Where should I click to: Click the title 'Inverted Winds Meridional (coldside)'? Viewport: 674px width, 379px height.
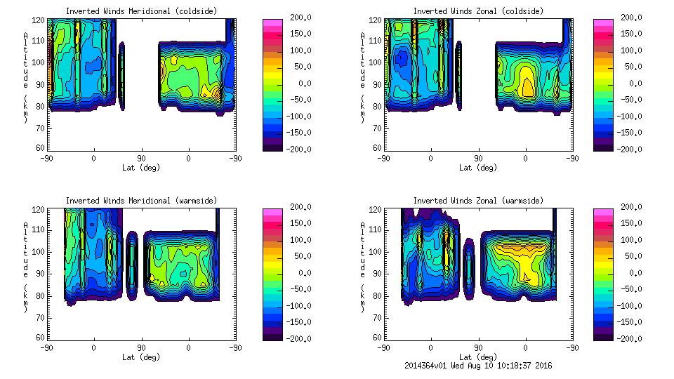point(140,11)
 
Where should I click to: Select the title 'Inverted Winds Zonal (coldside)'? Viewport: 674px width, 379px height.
point(477,11)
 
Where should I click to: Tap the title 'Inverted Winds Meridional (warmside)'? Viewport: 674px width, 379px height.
point(140,201)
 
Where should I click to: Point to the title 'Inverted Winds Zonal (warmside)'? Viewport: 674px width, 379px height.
point(477,201)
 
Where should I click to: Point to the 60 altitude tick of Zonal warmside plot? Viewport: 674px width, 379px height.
point(377,337)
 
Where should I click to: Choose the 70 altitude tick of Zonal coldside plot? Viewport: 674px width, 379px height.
point(377,128)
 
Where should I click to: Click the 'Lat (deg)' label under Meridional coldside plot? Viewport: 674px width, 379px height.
point(140,168)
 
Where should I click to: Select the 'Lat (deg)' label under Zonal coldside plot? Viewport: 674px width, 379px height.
point(477,168)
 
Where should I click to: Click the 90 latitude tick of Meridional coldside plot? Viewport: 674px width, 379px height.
point(141,159)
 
